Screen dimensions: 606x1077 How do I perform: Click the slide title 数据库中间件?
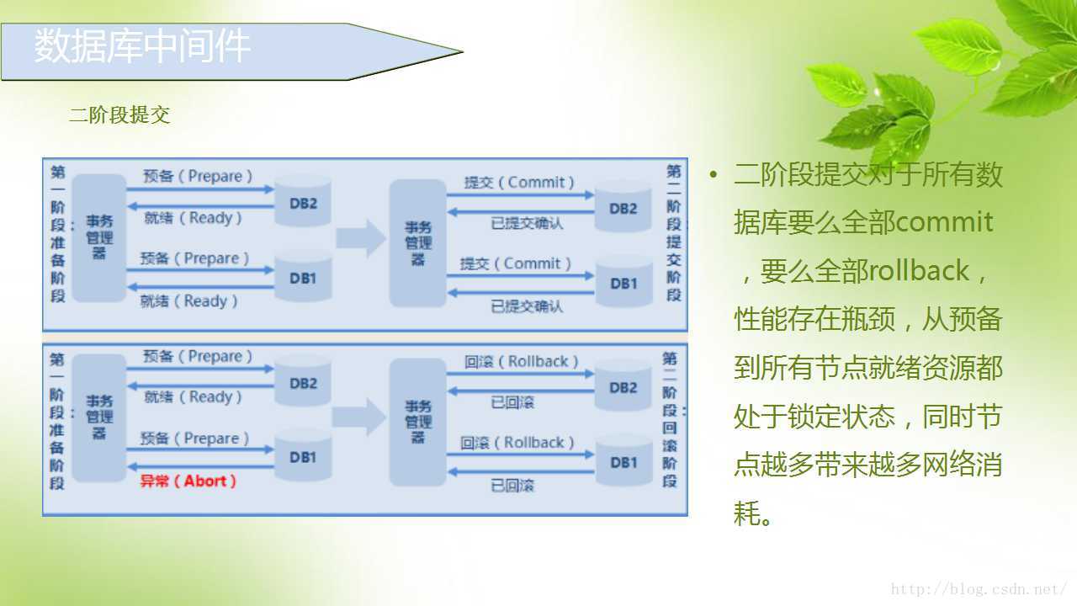coord(142,46)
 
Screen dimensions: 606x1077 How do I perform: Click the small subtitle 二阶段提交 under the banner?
coord(119,115)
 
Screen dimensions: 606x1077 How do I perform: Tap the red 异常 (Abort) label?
coord(188,481)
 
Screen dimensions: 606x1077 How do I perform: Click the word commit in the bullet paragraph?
coord(945,222)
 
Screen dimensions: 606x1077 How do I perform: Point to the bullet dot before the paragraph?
coord(714,175)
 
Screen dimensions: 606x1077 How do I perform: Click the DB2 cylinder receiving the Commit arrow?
coord(623,207)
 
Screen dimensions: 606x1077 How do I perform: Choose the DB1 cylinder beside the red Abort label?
coord(303,457)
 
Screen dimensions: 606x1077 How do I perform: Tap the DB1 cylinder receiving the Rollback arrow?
coord(623,461)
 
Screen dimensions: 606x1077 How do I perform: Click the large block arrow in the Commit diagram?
coord(361,238)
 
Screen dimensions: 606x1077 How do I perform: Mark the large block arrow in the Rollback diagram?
coord(358,417)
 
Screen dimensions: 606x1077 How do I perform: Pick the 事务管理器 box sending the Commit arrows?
coord(417,242)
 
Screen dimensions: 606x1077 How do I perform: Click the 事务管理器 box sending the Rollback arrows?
coord(417,422)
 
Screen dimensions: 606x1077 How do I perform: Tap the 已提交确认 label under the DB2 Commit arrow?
coord(527,224)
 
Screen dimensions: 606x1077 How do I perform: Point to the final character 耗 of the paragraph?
coord(747,513)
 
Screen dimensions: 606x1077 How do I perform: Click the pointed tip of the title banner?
coord(461,51)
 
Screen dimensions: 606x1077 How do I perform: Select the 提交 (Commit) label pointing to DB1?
coord(515,264)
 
